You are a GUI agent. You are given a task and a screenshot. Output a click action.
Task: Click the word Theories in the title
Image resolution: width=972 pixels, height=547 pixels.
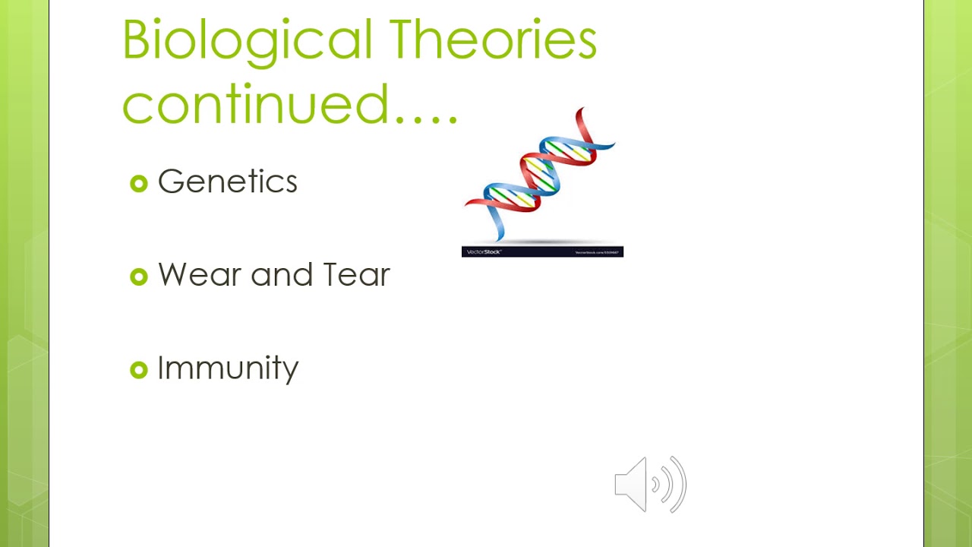click(x=493, y=40)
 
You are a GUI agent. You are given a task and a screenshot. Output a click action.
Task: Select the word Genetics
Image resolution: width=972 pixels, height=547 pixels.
click(x=227, y=182)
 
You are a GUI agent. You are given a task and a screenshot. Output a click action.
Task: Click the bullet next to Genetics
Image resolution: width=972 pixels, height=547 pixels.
click(x=138, y=183)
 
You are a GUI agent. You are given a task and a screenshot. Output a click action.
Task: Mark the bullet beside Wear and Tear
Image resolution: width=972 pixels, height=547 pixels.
click(x=138, y=277)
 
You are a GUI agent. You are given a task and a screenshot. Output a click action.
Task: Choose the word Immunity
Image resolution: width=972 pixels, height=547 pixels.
click(x=227, y=368)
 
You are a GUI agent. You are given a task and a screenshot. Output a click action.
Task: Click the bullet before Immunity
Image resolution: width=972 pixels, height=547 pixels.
click(x=138, y=370)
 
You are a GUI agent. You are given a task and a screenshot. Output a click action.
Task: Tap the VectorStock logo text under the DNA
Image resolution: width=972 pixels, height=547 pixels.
click(x=484, y=252)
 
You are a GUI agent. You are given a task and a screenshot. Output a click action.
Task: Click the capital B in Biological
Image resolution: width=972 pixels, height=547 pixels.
click(x=137, y=40)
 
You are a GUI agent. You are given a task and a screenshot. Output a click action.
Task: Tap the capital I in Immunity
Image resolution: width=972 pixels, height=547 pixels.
click(x=160, y=368)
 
